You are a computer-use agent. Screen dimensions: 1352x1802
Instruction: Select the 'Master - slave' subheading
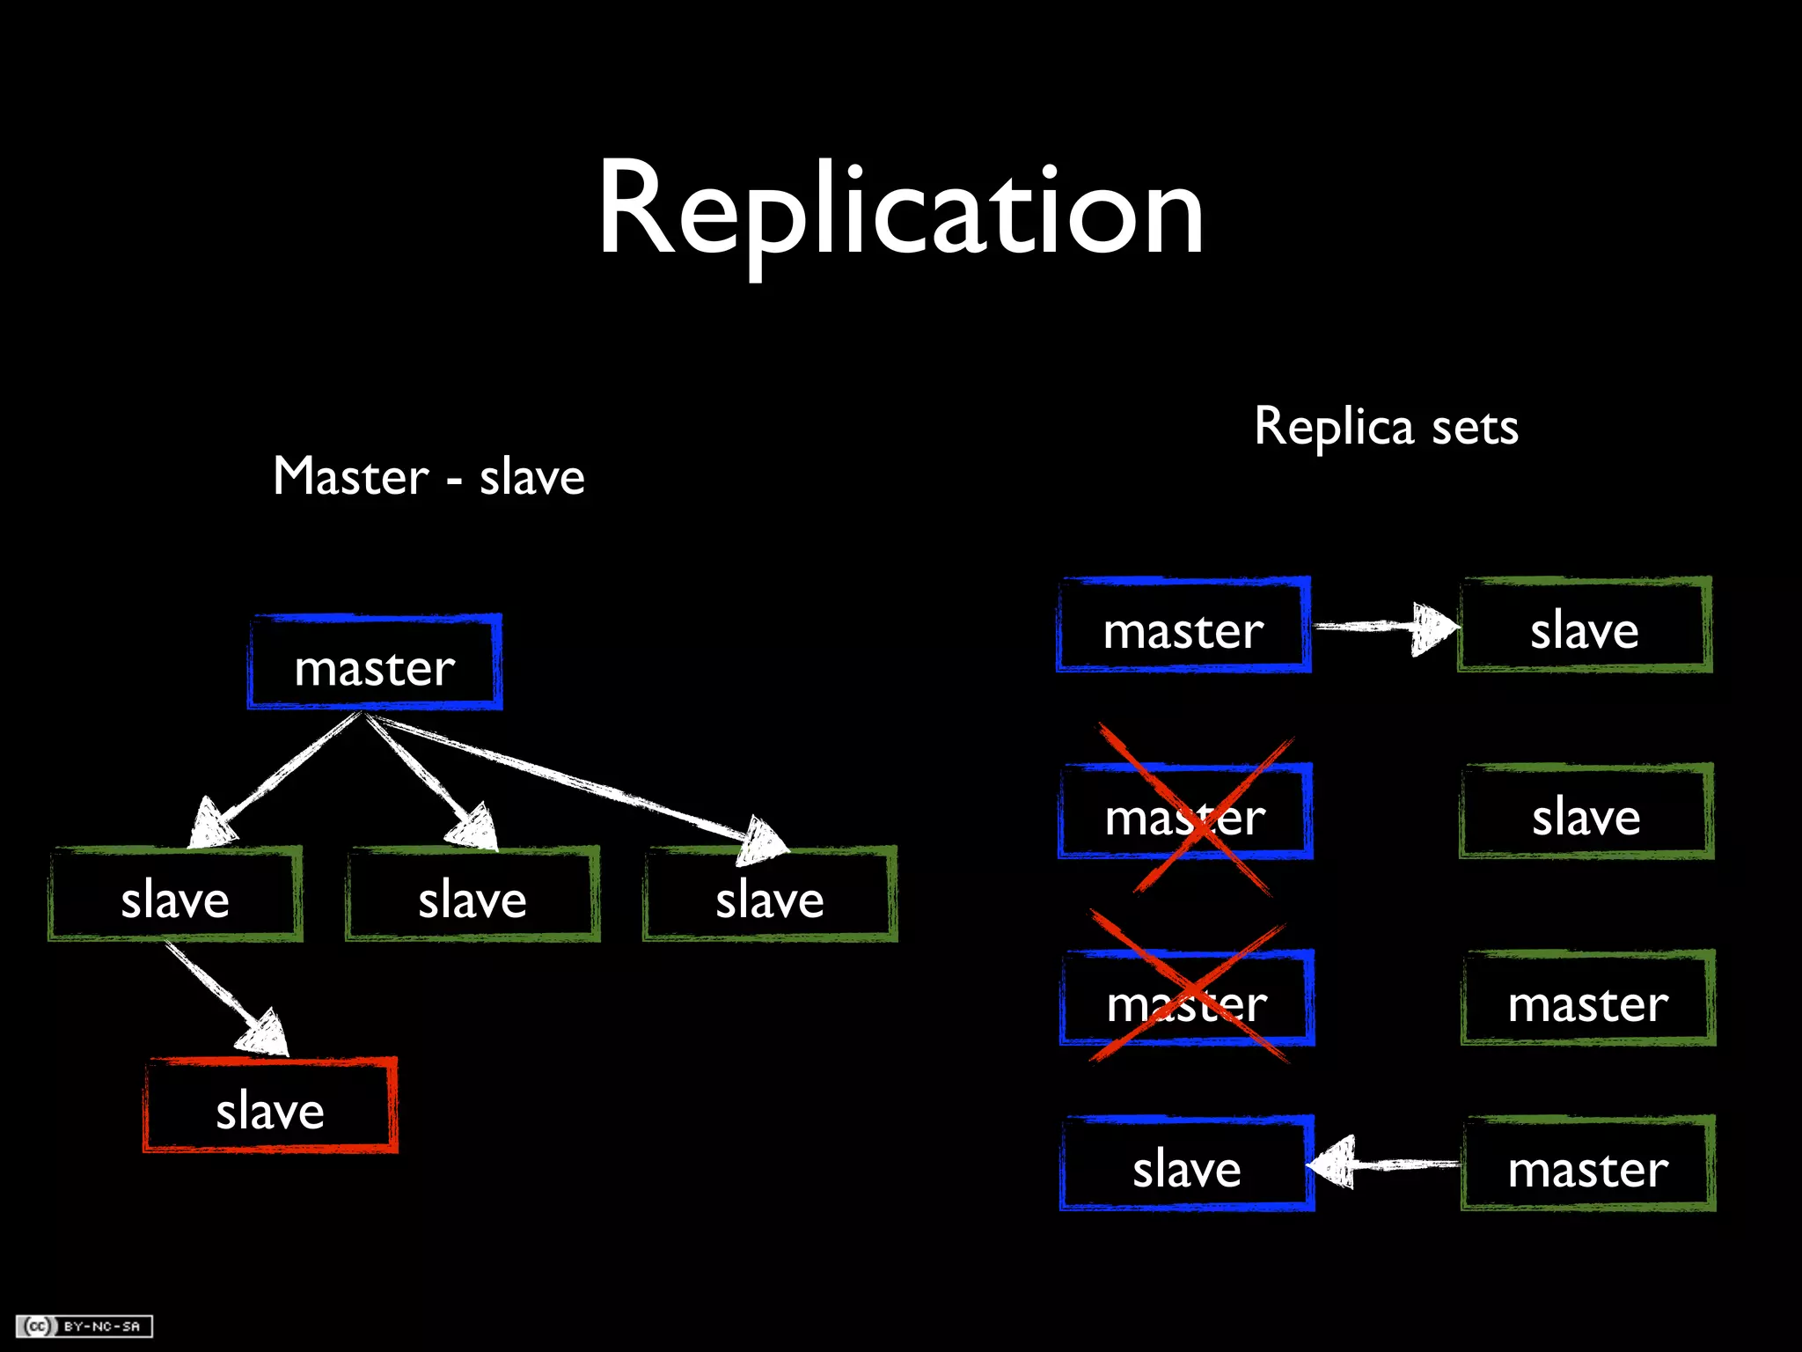coord(429,477)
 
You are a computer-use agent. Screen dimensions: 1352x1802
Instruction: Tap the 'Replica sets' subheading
coord(1386,428)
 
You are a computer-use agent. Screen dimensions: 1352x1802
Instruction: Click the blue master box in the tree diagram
coord(375,663)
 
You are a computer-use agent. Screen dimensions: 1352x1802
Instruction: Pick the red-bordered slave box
coord(270,1107)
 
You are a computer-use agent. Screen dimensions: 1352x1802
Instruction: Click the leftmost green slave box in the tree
coord(175,896)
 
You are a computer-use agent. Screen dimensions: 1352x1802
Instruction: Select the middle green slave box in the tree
coord(472,896)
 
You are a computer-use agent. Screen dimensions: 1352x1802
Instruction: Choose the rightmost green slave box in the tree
coord(770,896)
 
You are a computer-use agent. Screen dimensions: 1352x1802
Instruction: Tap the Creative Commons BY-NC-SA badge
coord(84,1326)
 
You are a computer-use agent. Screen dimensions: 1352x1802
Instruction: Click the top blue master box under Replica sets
coord(1183,626)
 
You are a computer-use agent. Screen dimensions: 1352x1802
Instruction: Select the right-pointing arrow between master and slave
coord(1386,627)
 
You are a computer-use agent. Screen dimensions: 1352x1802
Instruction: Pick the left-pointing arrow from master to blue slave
coord(1386,1165)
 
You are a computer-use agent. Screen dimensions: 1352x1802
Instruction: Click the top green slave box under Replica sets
coord(1585,626)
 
